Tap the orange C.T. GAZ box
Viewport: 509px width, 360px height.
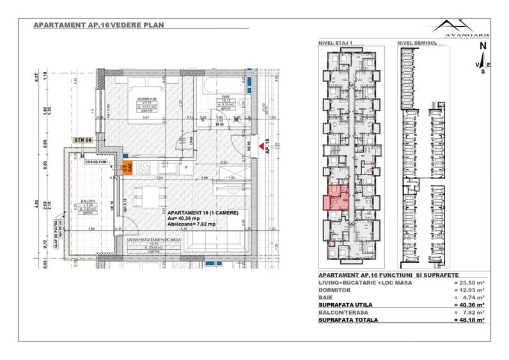tap(127, 168)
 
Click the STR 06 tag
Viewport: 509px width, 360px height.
tap(83, 140)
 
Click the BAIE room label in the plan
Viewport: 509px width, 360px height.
tap(226, 97)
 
